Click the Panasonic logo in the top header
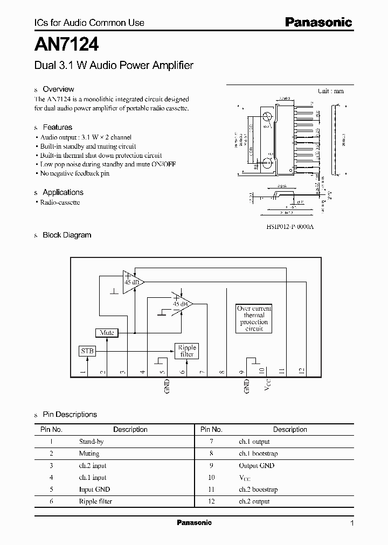318,23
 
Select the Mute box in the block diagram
107,333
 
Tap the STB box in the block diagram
87,351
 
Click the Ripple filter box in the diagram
187,351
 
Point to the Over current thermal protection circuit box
254,318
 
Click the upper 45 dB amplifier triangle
130,282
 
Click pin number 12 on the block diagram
302,371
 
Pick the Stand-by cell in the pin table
91,442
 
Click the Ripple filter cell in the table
95,501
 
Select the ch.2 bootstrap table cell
258,490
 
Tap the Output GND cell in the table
257,465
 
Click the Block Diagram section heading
67,235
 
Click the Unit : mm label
330,91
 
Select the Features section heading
57,128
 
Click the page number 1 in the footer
352,523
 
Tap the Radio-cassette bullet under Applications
60,202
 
